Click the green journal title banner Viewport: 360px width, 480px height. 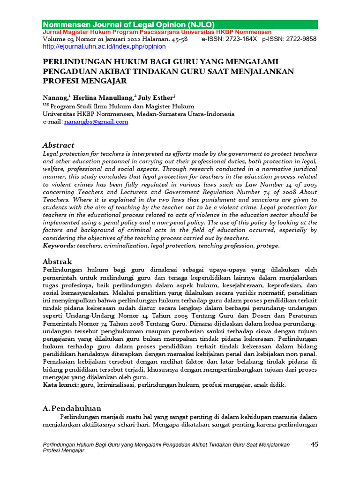click(x=180, y=24)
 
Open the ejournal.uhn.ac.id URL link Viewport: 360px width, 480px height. click(x=104, y=47)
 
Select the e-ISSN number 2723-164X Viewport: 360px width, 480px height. click(x=240, y=39)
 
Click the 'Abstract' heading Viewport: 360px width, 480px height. click(x=58, y=145)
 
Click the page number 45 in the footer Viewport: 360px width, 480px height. click(x=315, y=444)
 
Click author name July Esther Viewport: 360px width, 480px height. click(x=155, y=97)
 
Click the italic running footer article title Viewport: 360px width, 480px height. click(x=165, y=447)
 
